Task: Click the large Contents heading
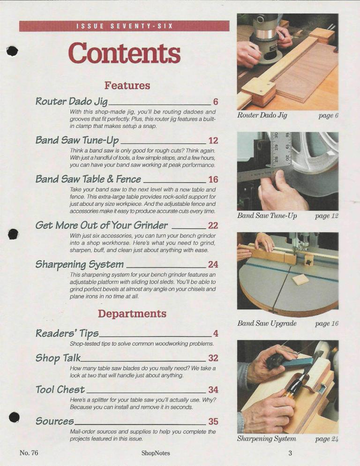coord(124,53)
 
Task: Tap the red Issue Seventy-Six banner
coord(124,26)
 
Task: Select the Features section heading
coord(127,86)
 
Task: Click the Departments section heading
coord(132,314)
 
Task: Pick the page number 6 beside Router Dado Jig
coord(216,102)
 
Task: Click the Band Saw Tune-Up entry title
coord(77,140)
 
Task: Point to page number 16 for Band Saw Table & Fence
coord(213,179)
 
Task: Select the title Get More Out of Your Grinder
coord(101,225)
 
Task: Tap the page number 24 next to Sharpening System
coord(213,264)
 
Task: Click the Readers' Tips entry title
coord(67,333)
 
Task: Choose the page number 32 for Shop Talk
coord(213,358)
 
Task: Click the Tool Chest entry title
coord(60,389)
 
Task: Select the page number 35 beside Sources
coord(213,421)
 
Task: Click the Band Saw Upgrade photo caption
coord(267,323)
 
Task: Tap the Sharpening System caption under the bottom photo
coord(266,438)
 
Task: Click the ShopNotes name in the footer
coord(156,453)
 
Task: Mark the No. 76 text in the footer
coord(29,453)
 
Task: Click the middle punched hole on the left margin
coord(13,234)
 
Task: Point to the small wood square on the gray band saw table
coord(301,280)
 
